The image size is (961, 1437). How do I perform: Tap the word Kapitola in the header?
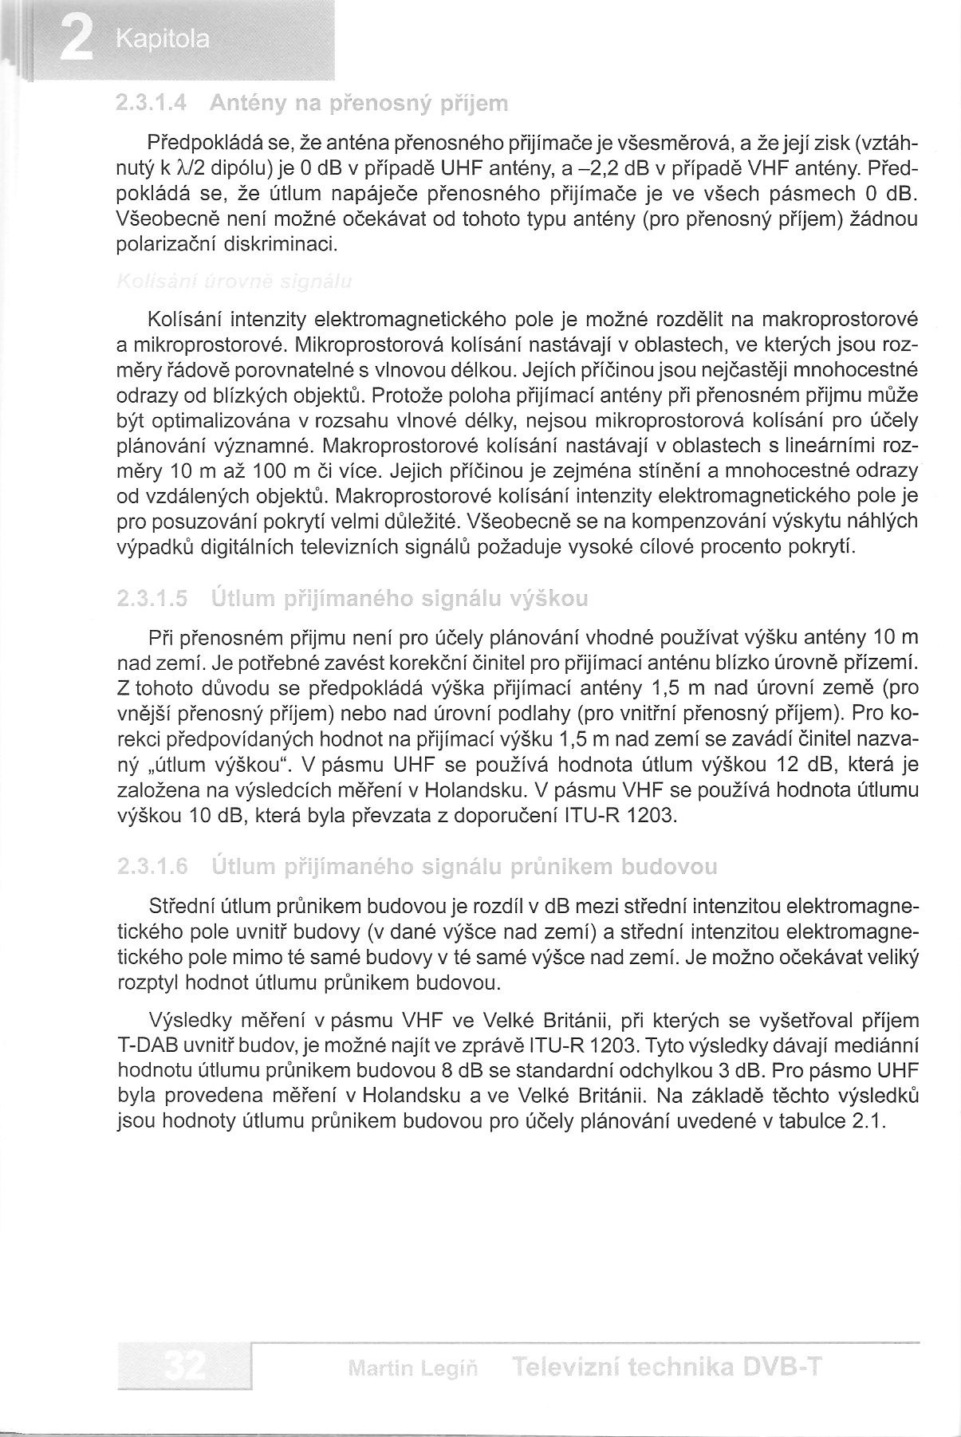pos(162,40)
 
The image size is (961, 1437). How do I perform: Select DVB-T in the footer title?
pos(782,1368)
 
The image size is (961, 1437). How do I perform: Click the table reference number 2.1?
pos(869,1120)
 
